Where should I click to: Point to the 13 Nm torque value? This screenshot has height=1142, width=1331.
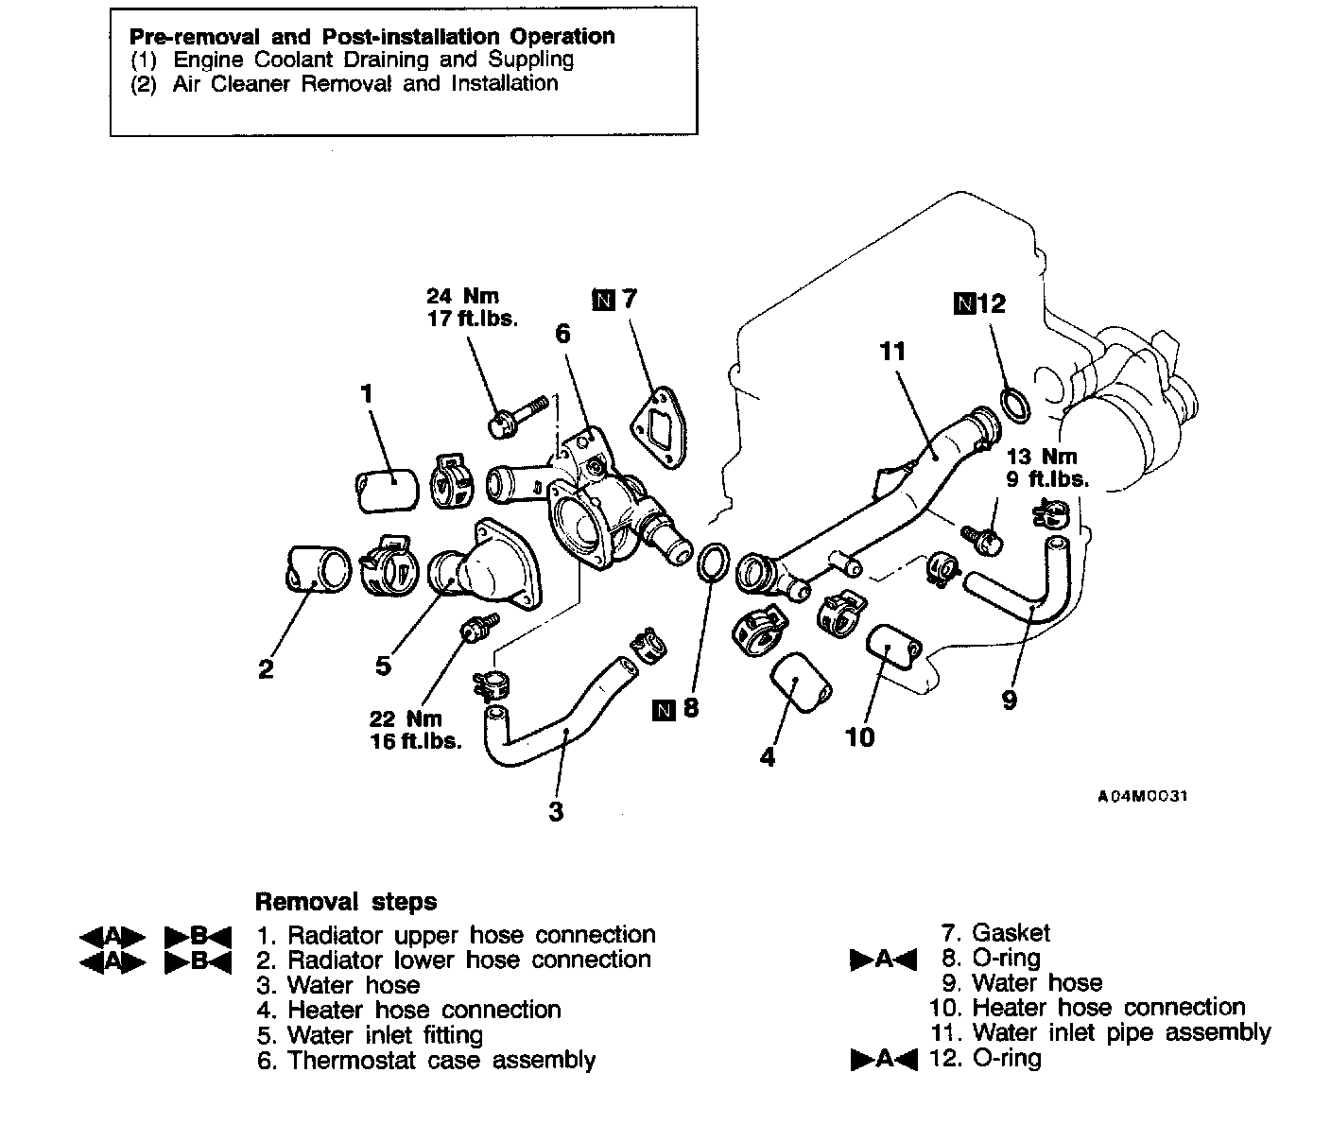tap(1042, 458)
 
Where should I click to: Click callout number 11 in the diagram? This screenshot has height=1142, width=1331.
tap(892, 352)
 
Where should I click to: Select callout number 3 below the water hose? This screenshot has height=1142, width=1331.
tap(556, 811)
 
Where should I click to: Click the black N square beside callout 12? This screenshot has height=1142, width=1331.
tap(964, 303)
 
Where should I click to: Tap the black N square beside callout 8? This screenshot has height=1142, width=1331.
tap(664, 709)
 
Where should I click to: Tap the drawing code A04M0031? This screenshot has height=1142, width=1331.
tap(1142, 796)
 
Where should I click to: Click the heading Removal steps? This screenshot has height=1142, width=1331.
tap(346, 901)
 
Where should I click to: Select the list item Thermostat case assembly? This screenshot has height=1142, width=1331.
tap(441, 1060)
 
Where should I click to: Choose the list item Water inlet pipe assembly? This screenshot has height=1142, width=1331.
tap(1120, 1032)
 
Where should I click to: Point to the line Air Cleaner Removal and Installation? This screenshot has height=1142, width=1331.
tap(365, 83)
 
